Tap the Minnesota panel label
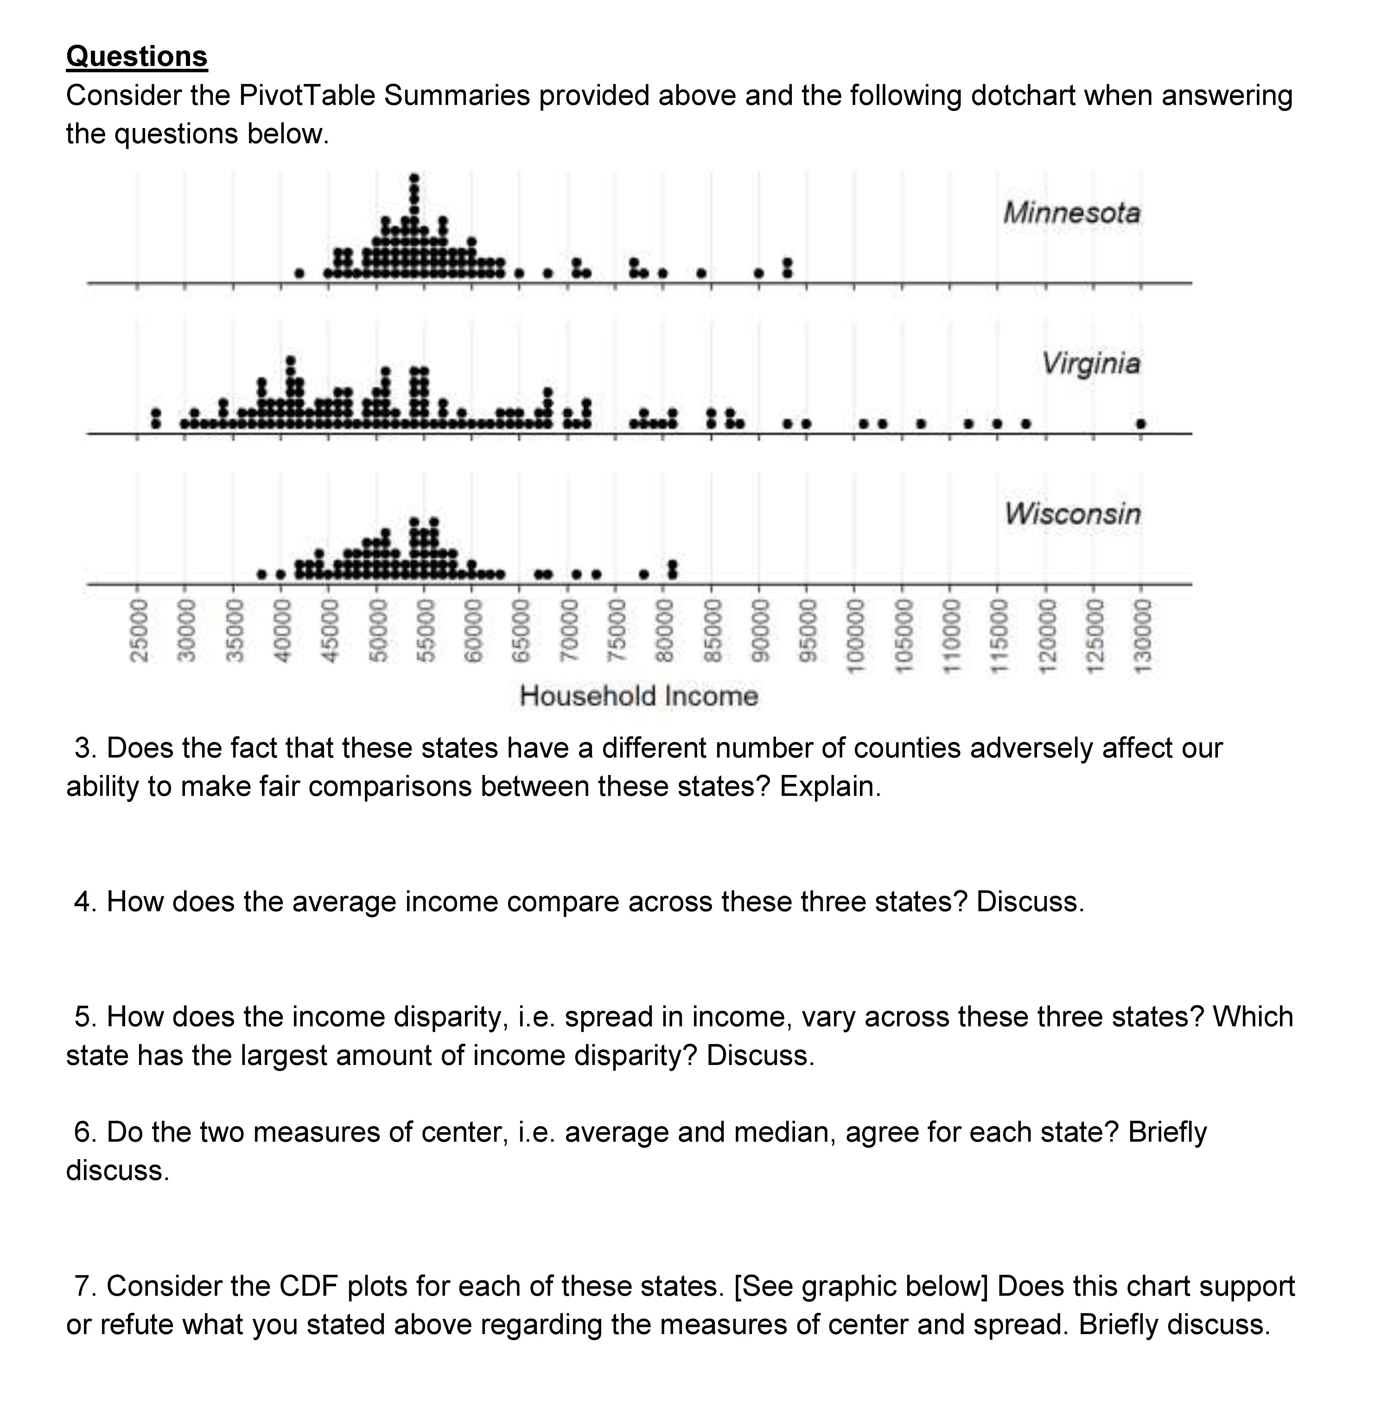tap(1071, 213)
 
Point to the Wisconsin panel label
tap(1072, 514)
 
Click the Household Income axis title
tap(638, 696)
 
